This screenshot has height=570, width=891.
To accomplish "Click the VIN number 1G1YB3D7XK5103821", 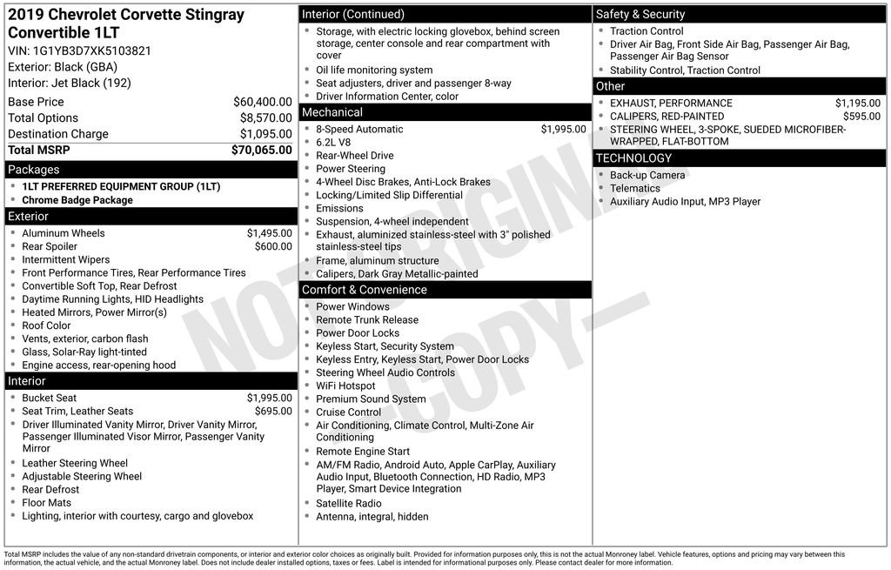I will click(91, 50).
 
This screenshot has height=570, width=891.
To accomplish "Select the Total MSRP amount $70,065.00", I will click(261, 150).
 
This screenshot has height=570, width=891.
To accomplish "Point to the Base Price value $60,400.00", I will click(262, 102).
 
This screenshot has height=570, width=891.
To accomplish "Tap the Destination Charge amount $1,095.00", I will click(265, 134).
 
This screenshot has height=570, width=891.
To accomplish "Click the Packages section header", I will click(34, 170).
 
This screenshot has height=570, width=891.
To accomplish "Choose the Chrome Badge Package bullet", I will click(77, 200).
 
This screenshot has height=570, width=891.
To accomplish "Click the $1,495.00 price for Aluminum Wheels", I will click(269, 233).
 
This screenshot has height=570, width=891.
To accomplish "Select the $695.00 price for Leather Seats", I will click(273, 411).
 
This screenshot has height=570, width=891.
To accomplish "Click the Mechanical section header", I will click(332, 112).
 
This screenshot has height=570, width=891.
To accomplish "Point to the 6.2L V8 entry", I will click(333, 143).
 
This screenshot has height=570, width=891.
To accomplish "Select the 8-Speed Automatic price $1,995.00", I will click(563, 129).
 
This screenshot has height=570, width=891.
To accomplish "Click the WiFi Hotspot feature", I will click(345, 386).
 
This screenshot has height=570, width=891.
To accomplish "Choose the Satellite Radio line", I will click(348, 503).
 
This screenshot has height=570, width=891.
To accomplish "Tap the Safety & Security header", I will click(640, 14).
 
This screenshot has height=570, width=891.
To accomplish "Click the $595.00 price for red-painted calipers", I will click(861, 116).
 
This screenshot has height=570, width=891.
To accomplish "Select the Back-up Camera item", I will click(647, 175).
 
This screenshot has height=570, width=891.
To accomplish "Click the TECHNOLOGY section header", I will click(633, 158).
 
